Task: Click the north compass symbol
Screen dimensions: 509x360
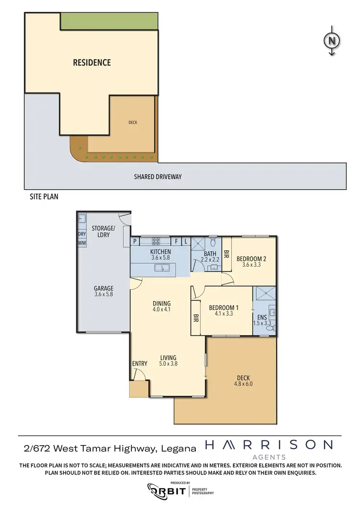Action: (x=331, y=41)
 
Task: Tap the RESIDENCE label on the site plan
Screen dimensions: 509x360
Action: (x=92, y=62)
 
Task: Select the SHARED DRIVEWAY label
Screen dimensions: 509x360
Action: (x=158, y=177)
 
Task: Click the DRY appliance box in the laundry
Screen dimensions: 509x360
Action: (x=81, y=234)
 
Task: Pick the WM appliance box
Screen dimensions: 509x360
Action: (x=81, y=243)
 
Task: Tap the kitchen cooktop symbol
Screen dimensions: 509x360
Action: (x=156, y=241)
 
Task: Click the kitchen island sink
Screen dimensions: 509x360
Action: (x=162, y=268)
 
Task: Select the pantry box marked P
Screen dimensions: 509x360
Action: (x=135, y=242)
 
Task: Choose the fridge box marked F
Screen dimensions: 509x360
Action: (x=177, y=242)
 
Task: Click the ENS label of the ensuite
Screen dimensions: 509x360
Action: (x=262, y=317)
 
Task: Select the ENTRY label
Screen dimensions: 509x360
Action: (x=139, y=364)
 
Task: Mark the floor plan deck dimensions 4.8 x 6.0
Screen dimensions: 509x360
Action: (x=243, y=383)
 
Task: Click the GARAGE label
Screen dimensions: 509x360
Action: (x=104, y=288)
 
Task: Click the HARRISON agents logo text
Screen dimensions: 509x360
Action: (x=268, y=445)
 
